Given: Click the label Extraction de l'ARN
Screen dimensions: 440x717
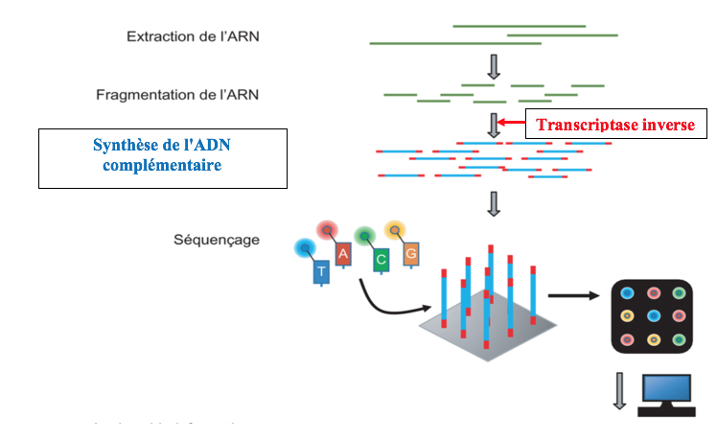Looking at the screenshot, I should [x=193, y=37].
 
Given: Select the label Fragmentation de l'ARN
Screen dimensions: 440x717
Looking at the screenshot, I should [x=177, y=95].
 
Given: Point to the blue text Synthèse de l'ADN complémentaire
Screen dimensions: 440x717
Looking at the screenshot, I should [x=163, y=155].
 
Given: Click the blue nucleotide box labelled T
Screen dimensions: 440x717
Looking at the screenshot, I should [x=321, y=272].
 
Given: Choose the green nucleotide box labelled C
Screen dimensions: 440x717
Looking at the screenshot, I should [x=381, y=258].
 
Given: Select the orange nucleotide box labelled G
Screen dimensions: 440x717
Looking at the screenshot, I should [x=410, y=253].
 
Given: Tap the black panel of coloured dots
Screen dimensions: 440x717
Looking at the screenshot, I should [x=653, y=315].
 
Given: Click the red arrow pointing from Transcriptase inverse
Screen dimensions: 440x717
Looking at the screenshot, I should [x=512, y=124].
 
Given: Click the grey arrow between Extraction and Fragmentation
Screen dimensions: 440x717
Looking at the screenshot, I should [x=495, y=66].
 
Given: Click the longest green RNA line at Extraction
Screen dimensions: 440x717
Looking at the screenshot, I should [x=449, y=43].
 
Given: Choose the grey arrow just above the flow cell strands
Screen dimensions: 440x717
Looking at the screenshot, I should [x=495, y=203].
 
